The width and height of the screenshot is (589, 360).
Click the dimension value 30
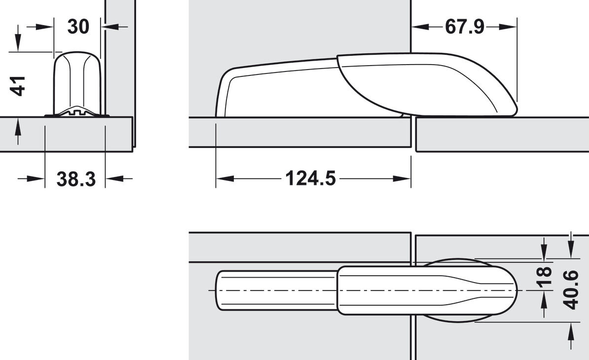coord(78,27)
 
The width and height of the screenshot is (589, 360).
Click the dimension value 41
coord(18,86)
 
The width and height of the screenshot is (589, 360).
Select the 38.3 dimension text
coord(76,179)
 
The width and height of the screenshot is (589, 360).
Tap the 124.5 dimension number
coord(310,178)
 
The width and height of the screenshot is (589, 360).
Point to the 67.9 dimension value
coord(464,27)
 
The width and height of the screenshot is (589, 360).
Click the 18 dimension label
coord(544,277)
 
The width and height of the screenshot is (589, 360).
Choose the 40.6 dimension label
coord(570,289)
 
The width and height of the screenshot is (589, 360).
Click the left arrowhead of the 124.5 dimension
coord(224,179)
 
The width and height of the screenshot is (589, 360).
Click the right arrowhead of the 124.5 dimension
coord(402,179)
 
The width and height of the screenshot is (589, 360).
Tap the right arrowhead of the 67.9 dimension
coord(508,27)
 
